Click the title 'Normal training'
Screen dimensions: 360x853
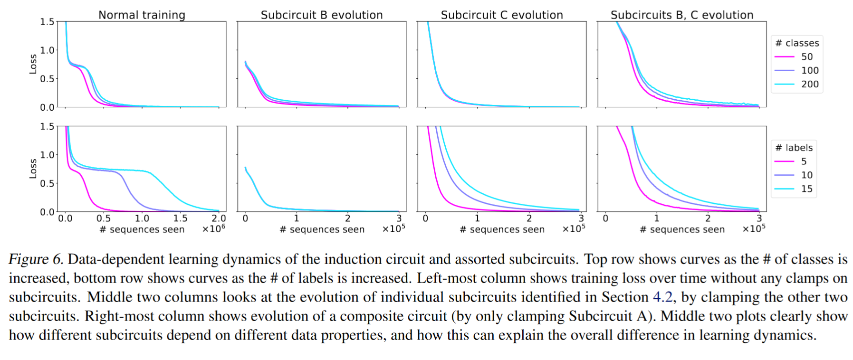(142, 15)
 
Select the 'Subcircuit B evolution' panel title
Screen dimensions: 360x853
(322, 15)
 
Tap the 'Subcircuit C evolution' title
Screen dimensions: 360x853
(502, 15)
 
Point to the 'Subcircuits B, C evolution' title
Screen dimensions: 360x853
(682, 15)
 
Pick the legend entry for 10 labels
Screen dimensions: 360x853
(796, 175)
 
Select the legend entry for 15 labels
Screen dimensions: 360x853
(796, 189)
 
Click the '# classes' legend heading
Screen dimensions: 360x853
(797, 43)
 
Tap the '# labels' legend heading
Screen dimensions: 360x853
(794, 148)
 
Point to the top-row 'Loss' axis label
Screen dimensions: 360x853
(33, 64)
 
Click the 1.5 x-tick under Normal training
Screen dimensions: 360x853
(180, 218)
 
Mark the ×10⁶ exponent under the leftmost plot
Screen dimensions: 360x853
(213, 228)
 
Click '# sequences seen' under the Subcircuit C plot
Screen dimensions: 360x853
(502, 229)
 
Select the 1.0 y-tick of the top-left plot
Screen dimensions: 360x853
(47, 50)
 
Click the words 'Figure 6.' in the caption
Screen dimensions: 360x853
(36, 259)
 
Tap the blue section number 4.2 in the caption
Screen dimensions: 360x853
(662, 297)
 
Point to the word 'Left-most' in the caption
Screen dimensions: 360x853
(447, 278)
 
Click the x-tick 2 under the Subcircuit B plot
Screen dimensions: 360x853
(347, 218)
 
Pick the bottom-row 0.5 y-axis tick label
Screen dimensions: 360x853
(47, 183)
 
